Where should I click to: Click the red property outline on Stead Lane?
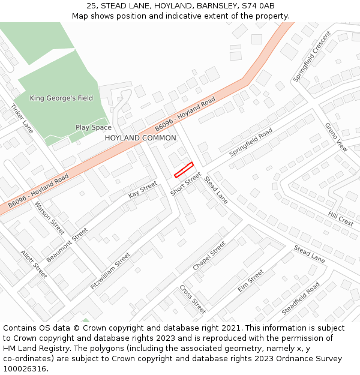(184, 170)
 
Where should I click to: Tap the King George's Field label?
(61, 98)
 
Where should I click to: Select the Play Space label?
(93, 127)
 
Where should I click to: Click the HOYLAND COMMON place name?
(140, 138)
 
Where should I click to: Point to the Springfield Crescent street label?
(312, 58)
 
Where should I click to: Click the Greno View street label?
(336, 137)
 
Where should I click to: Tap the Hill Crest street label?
(341, 218)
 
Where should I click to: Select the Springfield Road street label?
(251, 142)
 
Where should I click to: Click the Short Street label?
(185, 184)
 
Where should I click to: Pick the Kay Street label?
(142, 190)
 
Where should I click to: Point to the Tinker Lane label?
(22, 118)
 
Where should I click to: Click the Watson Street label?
(49, 217)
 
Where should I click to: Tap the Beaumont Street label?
(67, 245)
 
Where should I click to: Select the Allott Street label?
(34, 264)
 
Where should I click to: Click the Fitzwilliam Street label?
(110, 271)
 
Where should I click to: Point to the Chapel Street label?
(209, 256)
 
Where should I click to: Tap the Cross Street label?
(193, 299)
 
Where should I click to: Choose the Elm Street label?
(250, 281)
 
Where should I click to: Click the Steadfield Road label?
(301, 298)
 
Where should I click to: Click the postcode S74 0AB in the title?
(258, 6)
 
